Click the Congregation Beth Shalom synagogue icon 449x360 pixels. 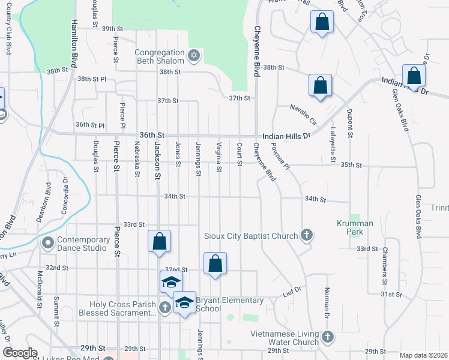point(193,56)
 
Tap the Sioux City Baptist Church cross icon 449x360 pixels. point(307,235)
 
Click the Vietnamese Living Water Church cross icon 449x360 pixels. point(327,337)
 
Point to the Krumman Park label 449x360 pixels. point(354,227)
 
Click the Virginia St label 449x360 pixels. point(219,157)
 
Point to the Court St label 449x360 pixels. point(239,154)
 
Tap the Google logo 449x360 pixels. point(20,353)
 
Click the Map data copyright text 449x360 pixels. point(423,355)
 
